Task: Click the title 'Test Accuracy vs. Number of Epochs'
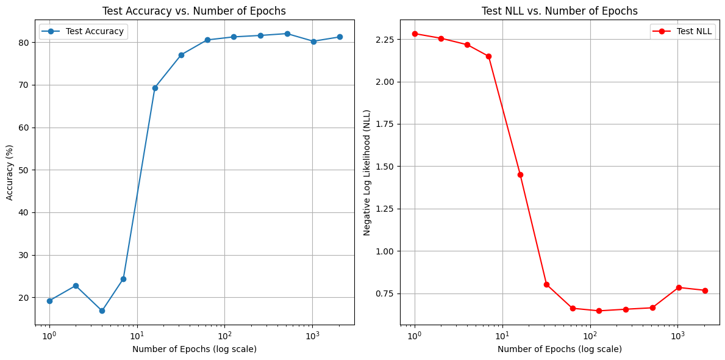point(194,11)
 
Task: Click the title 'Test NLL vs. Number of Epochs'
point(559,11)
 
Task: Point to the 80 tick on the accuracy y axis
point(24,43)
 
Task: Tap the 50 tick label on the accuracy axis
point(24,170)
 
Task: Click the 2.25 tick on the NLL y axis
point(385,40)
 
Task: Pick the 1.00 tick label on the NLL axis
point(385,251)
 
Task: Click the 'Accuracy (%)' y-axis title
point(10,173)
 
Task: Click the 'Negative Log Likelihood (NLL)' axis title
point(367,173)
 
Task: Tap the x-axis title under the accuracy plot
point(194,349)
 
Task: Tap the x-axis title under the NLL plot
point(559,349)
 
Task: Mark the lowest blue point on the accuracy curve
point(102,311)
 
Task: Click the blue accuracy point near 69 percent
point(155,88)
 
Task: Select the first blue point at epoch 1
point(49,301)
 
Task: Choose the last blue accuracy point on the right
point(340,37)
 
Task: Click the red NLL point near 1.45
point(520,175)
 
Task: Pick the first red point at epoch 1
point(415,34)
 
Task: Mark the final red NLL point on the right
point(705,290)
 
